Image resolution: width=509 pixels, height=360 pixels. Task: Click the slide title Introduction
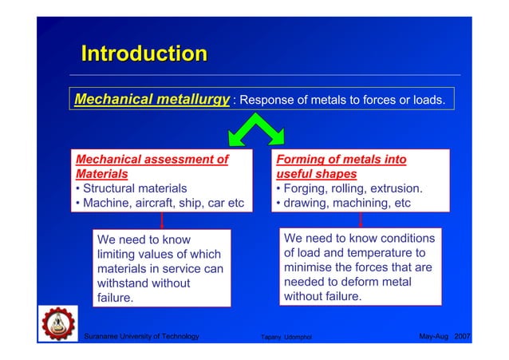[x=144, y=54]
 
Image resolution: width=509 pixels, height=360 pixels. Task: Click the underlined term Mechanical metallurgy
[x=152, y=100]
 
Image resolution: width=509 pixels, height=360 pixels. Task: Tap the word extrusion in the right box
[x=393, y=188]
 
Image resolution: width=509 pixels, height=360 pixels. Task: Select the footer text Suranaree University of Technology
[x=141, y=337]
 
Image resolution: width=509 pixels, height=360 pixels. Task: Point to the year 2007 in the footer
[x=462, y=337]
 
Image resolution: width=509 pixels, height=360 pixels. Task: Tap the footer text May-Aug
[x=433, y=337]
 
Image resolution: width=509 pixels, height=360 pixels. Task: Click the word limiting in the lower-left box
[x=117, y=254]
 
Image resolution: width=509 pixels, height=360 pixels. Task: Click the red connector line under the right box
[x=361, y=221]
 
